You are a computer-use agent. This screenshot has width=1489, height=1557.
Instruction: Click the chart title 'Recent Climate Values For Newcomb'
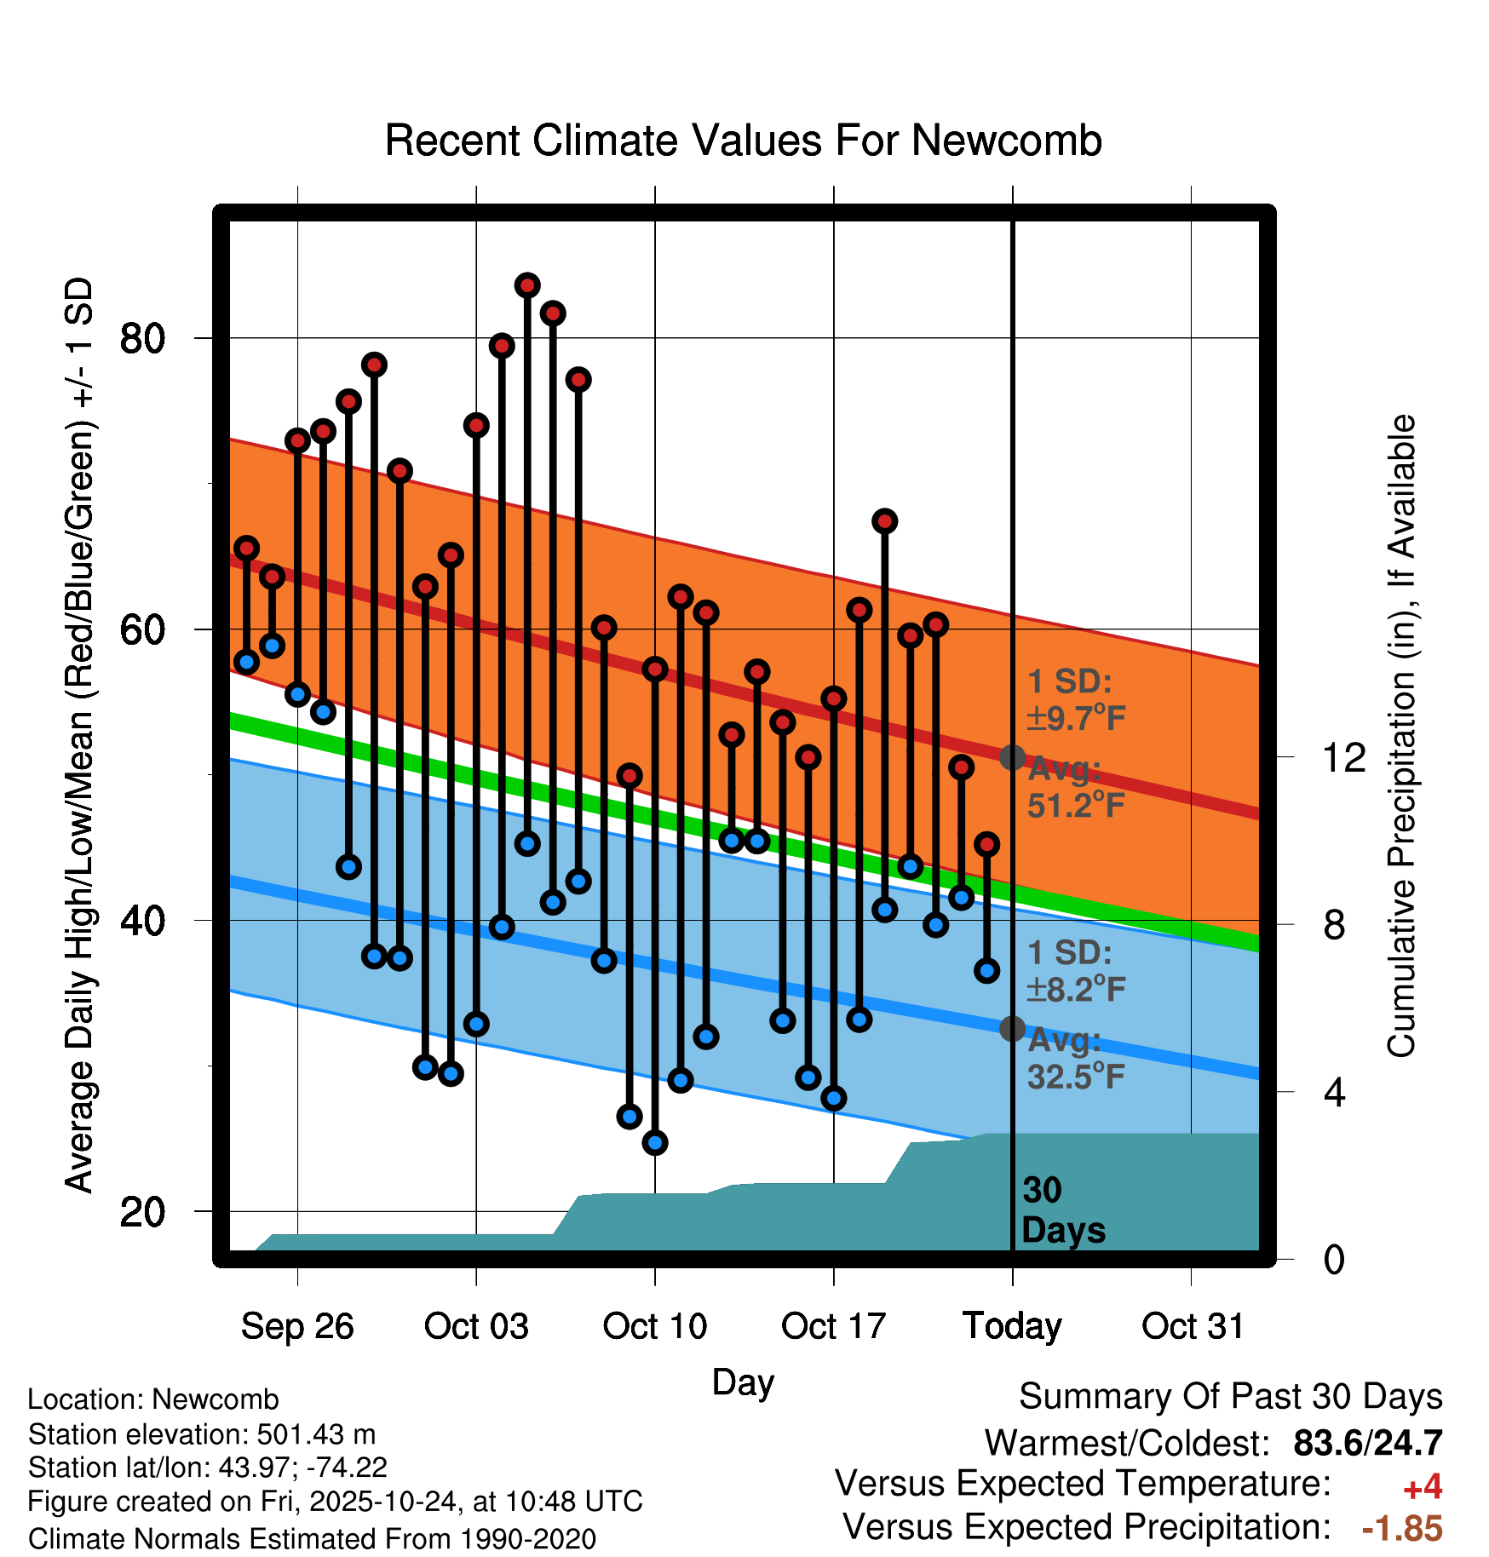click(743, 141)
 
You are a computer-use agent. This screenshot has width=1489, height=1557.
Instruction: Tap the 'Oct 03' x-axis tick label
click(476, 1326)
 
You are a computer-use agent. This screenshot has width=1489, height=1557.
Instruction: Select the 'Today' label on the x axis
click(1012, 1326)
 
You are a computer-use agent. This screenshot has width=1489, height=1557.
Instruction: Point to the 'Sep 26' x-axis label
click(297, 1326)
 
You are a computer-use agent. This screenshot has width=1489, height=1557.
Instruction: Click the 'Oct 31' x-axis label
click(1193, 1326)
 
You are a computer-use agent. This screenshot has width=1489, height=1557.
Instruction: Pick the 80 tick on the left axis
click(141, 338)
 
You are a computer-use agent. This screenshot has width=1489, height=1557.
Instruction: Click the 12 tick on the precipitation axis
click(1344, 757)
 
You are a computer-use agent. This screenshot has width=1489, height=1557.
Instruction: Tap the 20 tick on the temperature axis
click(141, 1211)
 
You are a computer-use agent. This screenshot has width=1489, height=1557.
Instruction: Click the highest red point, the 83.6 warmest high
click(527, 285)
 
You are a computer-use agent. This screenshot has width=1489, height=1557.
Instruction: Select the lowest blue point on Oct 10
click(655, 1142)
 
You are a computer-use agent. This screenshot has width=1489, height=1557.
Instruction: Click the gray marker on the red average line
click(1012, 757)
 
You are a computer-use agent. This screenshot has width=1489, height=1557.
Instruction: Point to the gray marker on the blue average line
click(1012, 1029)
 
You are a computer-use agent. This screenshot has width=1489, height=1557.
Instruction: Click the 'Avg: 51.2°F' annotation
click(1075, 787)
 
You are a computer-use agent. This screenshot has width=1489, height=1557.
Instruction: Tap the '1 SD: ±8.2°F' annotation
click(1075, 971)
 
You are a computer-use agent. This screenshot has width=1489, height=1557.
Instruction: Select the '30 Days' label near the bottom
click(1062, 1210)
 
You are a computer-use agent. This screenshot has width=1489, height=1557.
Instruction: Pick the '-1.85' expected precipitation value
click(1402, 1529)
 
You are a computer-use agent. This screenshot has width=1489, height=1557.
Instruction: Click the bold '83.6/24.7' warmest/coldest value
click(1367, 1443)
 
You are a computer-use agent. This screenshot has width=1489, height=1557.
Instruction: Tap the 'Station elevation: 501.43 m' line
click(202, 1434)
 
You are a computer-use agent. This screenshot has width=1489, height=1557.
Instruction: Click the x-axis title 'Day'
click(743, 1382)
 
